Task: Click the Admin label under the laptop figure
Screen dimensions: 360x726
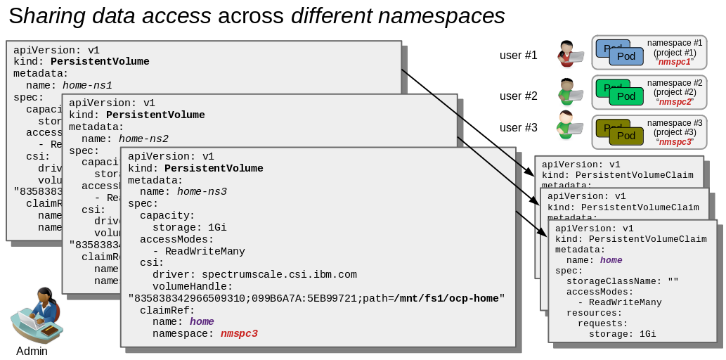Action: (32, 351)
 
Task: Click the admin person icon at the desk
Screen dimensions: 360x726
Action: (37, 315)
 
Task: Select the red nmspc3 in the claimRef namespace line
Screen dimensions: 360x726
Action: (239, 333)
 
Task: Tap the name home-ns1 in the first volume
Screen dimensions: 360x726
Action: (87, 85)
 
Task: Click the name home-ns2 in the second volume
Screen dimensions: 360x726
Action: (143, 139)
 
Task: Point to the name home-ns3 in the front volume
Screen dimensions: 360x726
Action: (202, 191)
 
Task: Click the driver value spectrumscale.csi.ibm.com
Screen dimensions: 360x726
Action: (279, 274)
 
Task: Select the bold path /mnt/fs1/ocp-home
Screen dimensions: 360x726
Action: (446, 298)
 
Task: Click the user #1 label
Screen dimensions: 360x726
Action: (518, 55)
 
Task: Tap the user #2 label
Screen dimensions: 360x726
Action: (518, 96)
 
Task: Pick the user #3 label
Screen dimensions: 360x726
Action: (518, 127)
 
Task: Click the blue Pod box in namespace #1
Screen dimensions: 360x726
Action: (626, 56)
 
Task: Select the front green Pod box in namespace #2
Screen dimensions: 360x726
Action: (626, 96)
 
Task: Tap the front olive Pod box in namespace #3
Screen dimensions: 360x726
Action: (626, 136)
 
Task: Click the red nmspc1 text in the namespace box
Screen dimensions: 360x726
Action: (674, 62)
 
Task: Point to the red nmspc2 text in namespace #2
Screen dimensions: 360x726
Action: (674, 102)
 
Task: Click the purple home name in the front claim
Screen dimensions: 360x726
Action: (611, 259)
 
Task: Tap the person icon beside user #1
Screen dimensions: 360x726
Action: (569, 53)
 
